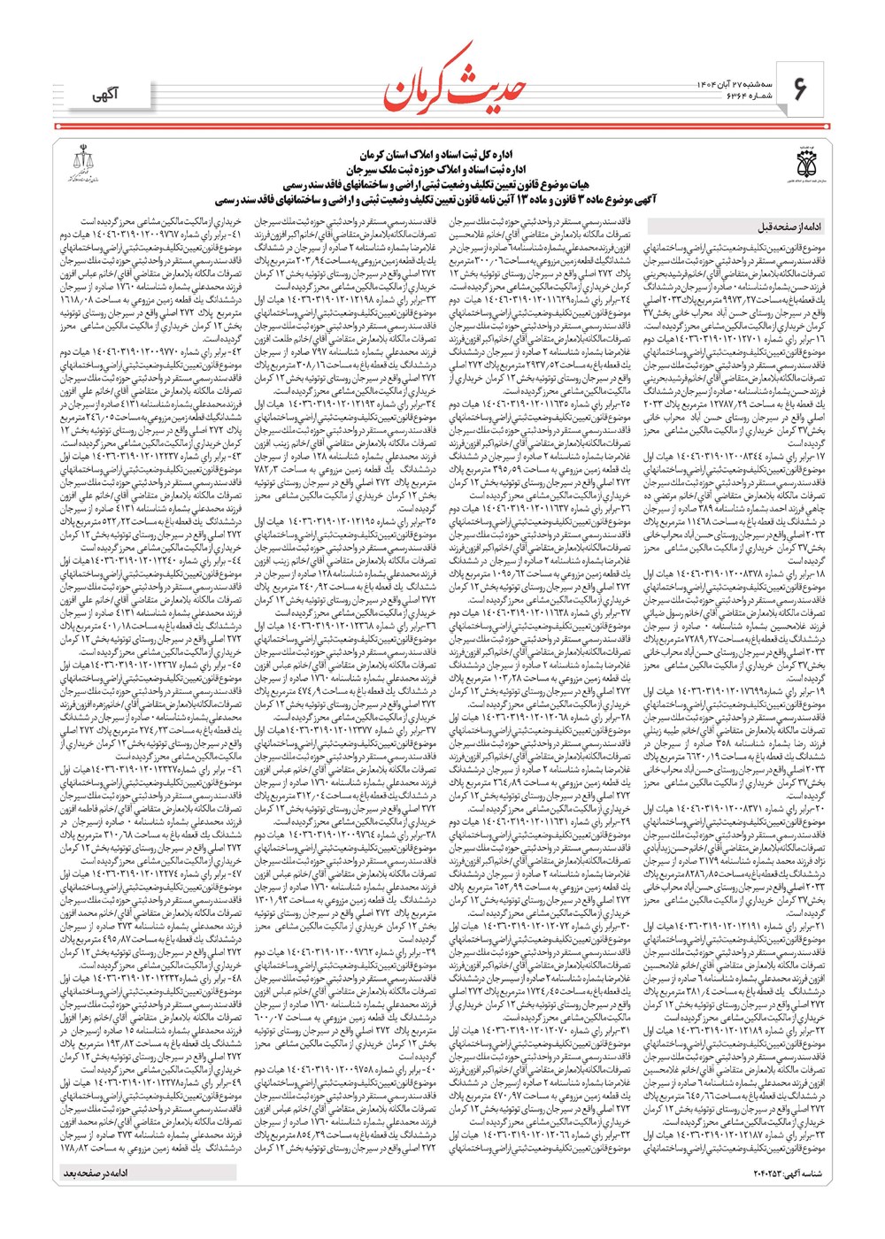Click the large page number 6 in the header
click(800, 88)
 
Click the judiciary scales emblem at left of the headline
click(87, 163)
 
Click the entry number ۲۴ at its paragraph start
click(623, 301)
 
